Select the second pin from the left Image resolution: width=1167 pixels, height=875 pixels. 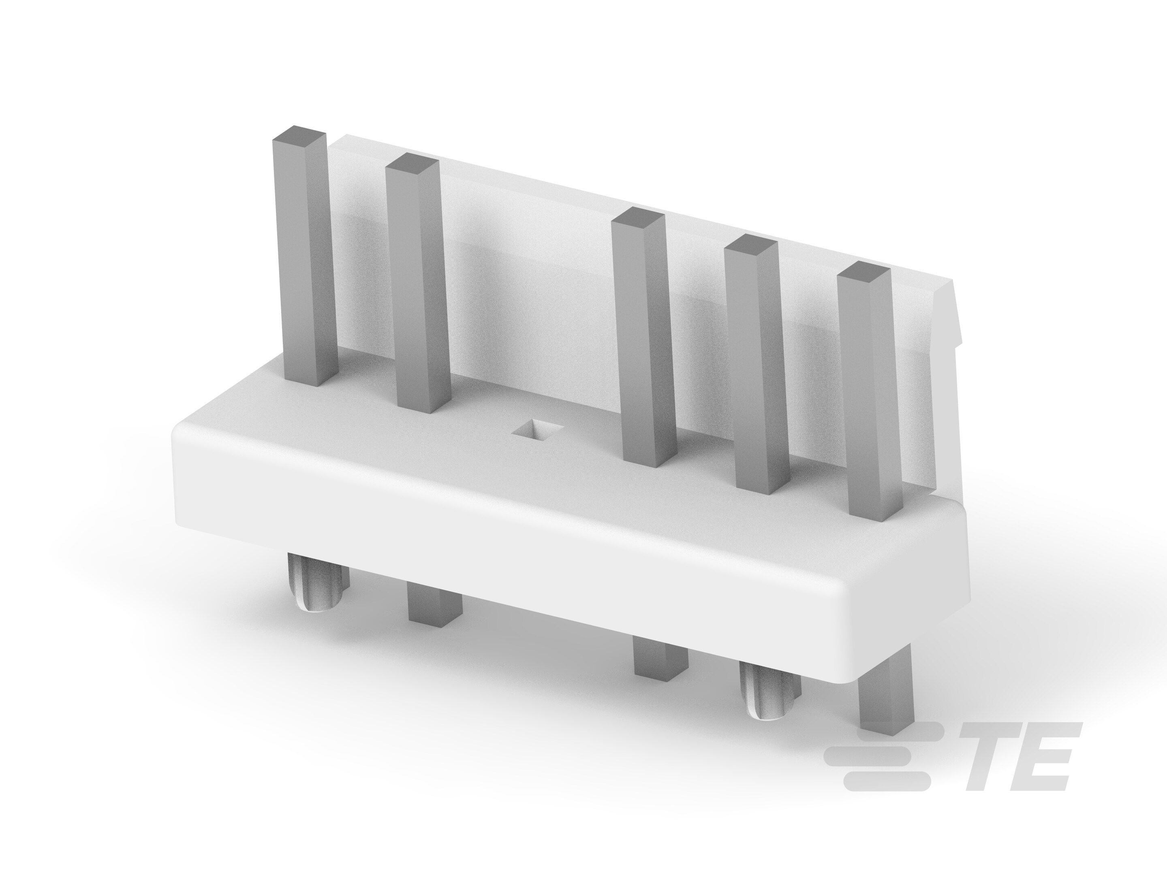(418, 285)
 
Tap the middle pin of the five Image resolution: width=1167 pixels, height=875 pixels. (645, 337)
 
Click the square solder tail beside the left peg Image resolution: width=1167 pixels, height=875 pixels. (435, 606)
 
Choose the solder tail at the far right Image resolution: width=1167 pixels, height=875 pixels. (884, 707)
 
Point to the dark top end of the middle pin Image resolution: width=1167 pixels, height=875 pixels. (637, 216)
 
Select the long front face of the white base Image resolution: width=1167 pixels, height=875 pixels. (528, 533)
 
